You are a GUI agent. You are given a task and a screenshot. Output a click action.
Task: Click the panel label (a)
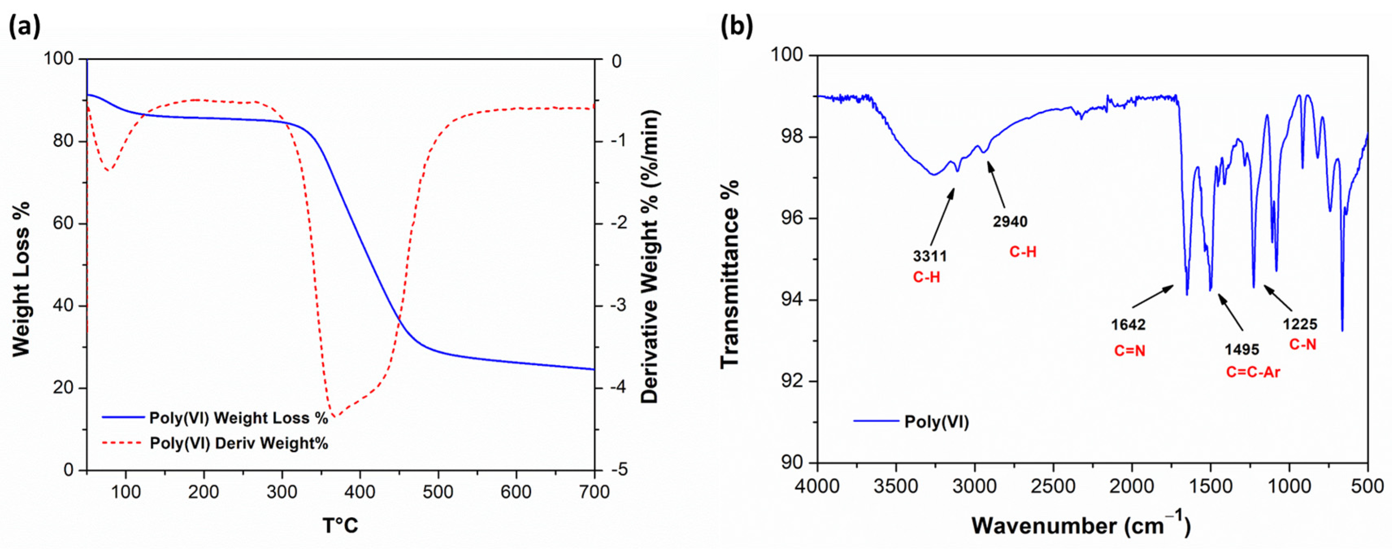pyautogui.click(x=24, y=26)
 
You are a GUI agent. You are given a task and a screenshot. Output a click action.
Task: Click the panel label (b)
pyautogui.click(x=737, y=26)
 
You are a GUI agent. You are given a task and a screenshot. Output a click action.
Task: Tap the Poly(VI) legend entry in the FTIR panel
pyautogui.click(x=937, y=422)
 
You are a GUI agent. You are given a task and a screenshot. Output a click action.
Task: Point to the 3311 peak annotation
pyautogui.click(x=930, y=255)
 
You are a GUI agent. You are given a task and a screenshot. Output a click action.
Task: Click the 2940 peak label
pyautogui.click(x=1010, y=222)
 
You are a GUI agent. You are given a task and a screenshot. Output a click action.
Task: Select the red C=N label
pyautogui.click(x=1130, y=351)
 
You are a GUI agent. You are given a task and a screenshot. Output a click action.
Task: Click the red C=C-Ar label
pyautogui.click(x=1253, y=372)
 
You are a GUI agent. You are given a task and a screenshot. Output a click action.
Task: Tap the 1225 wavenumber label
pyautogui.click(x=1300, y=325)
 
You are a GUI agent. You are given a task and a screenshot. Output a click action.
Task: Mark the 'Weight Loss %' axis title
pyautogui.click(x=22, y=279)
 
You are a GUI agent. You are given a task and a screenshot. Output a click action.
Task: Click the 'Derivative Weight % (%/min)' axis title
pyautogui.click(x=650, y=257)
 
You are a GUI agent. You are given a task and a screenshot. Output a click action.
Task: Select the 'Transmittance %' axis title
pyautogui.click(x=729, y=274)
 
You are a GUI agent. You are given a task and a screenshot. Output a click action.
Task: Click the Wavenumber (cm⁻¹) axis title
pyautogui.click(x=1081, y=525)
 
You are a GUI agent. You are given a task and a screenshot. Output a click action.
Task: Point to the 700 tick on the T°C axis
pyautogui.click(x=594, y=492)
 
